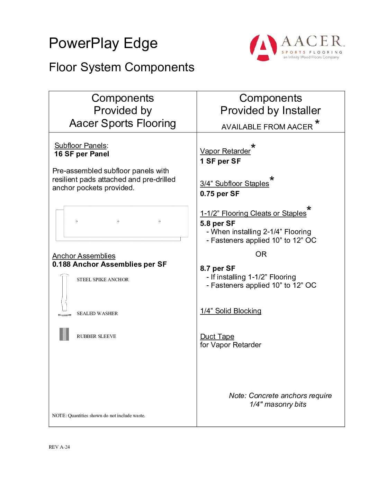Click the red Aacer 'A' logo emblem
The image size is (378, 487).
(x=263, y=48)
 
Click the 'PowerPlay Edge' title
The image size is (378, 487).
(x=103, y=44)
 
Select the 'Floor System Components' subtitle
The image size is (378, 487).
(x=121, y=67)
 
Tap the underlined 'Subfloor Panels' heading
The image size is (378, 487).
(x=80, y=146)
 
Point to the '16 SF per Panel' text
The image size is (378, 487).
(x=82, y=154)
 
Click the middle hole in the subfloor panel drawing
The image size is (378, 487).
(x=118, y=221)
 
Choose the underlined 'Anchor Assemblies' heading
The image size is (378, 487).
(x=84, y=256)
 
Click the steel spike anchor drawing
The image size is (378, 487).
(x=64, y=292)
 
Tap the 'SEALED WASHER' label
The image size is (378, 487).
(x=97, y=313)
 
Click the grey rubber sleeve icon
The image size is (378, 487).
(x=64, y=334)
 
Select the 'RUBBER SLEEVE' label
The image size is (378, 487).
(x=96, y=336)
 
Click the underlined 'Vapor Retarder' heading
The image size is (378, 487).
(x=225, y=151)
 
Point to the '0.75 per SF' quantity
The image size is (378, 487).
(x=220, y=194)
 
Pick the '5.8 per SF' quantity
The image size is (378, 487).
(x=218, y=223)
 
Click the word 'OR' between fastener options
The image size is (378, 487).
(x=261, y=254)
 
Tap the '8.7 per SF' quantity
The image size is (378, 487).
(x=218, y=268)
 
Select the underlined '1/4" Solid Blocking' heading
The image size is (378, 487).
(x=231, y=311)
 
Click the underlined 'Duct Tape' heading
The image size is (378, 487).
(x=217, y=337)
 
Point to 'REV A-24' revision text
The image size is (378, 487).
(x=59, y=447)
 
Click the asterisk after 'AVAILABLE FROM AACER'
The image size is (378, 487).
(x=317, y=122)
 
